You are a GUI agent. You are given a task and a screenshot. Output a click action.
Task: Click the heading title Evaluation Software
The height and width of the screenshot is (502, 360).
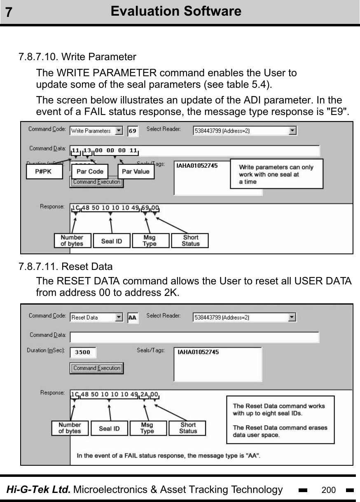point(176,11)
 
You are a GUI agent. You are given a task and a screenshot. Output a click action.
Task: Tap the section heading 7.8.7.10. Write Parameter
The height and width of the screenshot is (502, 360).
point(77,56)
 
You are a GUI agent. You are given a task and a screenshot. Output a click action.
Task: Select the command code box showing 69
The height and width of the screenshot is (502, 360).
point(133,131)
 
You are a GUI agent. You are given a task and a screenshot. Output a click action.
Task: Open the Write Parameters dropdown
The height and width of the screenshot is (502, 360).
point(119,131)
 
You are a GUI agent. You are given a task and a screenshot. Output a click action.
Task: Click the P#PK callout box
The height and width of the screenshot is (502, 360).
point(44,171)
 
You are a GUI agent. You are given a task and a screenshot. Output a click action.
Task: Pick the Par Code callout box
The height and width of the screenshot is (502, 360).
point(90,171)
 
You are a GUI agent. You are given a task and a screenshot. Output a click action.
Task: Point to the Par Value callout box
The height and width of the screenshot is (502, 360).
point(136,171)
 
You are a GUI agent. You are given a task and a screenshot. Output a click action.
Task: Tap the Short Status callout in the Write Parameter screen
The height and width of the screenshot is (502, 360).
point(190,240)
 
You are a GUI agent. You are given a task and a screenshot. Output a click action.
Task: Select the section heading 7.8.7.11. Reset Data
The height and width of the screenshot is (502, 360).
point(65,267)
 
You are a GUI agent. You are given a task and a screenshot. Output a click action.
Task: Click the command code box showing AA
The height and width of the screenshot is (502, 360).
point(133,317)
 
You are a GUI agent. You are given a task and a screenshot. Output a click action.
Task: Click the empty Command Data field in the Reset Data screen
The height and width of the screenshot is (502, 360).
point(194,337)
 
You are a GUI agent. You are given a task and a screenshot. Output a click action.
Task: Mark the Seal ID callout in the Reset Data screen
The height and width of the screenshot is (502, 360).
point(109,428)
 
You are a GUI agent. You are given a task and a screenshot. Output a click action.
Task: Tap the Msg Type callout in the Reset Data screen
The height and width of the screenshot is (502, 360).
point(147,428)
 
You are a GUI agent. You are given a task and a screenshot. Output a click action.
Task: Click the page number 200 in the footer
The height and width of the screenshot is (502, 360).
point(328,490)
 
